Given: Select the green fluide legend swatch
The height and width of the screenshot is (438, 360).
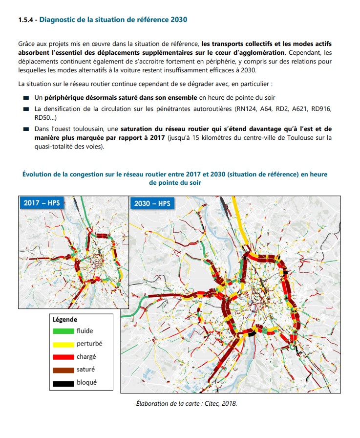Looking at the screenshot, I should click(x=64, y=331).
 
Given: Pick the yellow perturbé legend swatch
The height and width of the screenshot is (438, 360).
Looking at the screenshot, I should click(x=64, y=344).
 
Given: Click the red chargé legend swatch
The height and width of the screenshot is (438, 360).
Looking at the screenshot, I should click(x=64, y=357).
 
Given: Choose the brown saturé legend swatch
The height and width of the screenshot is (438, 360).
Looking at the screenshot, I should click(x=64, y=370).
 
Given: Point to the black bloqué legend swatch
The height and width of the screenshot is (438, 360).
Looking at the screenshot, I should click(x=64, y=383).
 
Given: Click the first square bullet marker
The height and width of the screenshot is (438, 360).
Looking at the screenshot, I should click(x=26, y=98).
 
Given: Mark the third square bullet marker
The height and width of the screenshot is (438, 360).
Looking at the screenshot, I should click(x=26, y=129).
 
